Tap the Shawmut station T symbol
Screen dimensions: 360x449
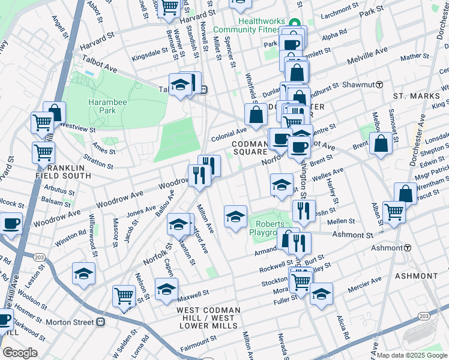[x=379, y=85]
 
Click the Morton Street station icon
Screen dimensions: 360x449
[x=101, y=322]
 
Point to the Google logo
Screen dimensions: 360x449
[x=20, y=352]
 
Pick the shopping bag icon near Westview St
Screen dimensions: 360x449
[x=54, y=112]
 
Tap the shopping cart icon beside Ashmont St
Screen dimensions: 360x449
[x=394, y=211]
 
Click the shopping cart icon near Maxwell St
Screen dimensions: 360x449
[x=124, y=295]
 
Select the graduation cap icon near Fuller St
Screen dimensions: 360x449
[x=321, y=293]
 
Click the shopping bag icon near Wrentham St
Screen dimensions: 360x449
[x=406, y=193]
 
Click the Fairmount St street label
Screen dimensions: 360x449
[x=194, y=346]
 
